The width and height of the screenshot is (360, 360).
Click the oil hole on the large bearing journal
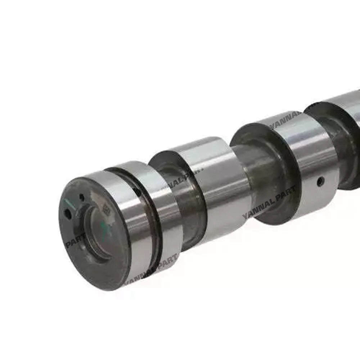click(x=320, y=182)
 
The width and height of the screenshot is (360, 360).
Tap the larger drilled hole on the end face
click(x=67, y=214)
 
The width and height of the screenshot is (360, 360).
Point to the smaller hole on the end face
click(x=82, y=197)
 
